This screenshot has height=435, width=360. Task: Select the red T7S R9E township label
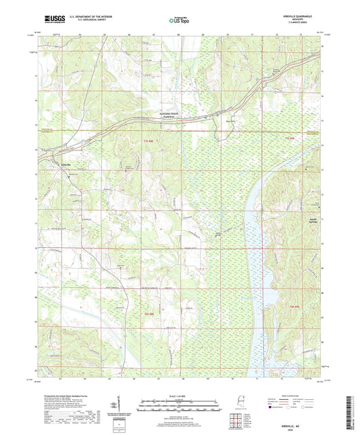pyautogui.click(x=290, y=138)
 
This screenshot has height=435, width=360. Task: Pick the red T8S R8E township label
pyautogui.click(x=149, y=313)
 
